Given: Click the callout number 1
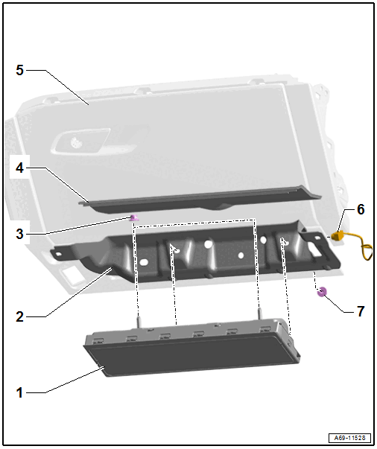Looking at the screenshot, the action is tap(19, 392).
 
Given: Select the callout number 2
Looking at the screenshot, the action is tap(19, 316).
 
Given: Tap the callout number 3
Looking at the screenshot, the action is tap(19, 234).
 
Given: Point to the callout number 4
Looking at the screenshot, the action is tap(19, 168).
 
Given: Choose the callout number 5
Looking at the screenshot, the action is tap(19, 70).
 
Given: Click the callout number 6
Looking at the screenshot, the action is tap(361, 209).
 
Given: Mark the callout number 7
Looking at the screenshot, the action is tap(361, 311).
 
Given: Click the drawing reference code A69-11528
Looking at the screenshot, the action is tap(349, 438).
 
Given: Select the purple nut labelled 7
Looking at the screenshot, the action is tap(322, 292).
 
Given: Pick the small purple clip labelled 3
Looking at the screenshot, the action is tap(134, 218).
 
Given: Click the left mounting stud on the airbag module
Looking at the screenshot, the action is tap(139, 322).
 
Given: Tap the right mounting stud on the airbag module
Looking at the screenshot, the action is tap(260, 313).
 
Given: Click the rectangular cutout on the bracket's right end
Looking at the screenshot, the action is tap(315, 251).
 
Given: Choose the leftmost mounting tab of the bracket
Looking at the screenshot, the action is tap(59, 253).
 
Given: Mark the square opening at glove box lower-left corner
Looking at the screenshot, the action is tap(72, 276).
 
